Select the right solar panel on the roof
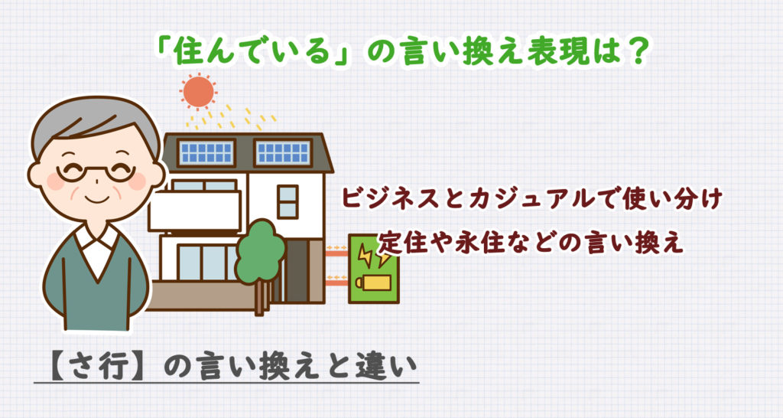(x=282, y=152)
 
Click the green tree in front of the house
(x=259, y=252)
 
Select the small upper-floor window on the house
(x=288, y=201)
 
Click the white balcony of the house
(x=194, y=211)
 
